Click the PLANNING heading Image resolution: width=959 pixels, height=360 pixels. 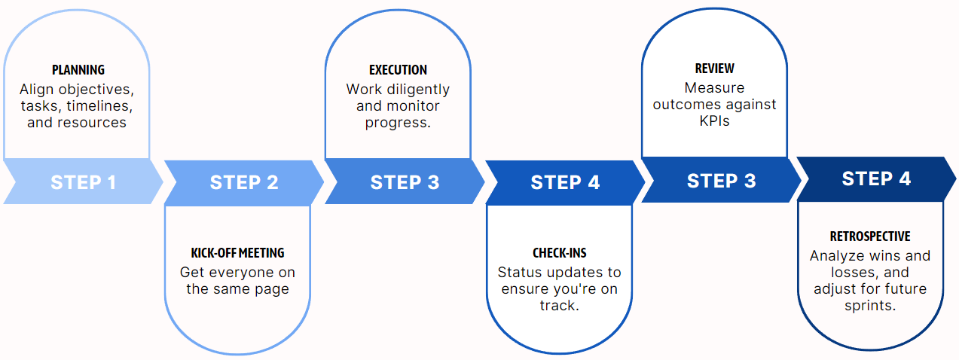click(x=78, y=70)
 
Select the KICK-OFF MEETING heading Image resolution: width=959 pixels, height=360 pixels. click(x=237, y=253)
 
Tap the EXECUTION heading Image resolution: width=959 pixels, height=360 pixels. click(x=399, y=70)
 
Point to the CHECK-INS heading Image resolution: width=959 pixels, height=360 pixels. click(x=560, y=253)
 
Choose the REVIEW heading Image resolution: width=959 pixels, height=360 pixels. click(x=714, y=68)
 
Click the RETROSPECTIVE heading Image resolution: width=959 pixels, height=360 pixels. click(x=870, y=236)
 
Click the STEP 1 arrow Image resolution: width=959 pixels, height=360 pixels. click(x=83, y=182)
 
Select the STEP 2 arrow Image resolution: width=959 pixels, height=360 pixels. click(x=244, y=183)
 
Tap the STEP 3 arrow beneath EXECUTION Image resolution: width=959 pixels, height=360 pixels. click(x=405, y=182)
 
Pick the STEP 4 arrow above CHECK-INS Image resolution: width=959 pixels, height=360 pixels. click(x=565, y=183)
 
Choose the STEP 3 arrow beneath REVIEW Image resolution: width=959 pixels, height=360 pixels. click(x=722, y=180)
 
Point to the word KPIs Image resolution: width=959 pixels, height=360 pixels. click(x=714, y=121)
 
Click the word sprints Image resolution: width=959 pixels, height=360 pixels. click(x=870, y=306)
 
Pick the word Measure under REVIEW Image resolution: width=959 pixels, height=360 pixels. click(x=714, y=88)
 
